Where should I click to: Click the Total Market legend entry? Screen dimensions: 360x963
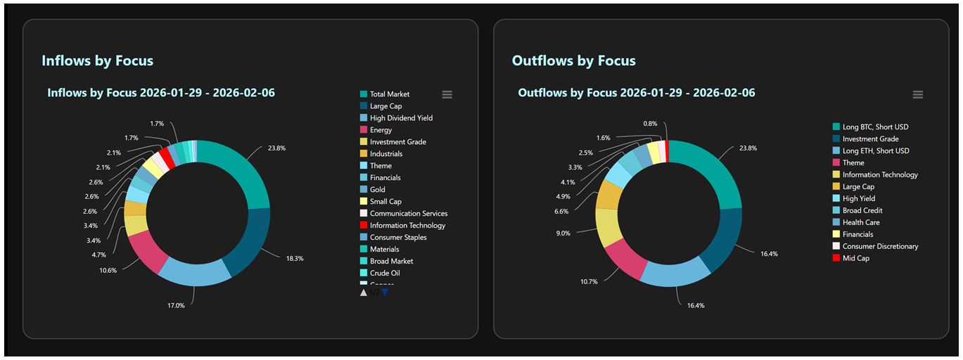point(389,94)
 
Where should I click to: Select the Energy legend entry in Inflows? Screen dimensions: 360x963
point(381,130)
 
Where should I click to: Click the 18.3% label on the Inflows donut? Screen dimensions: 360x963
point(294,259)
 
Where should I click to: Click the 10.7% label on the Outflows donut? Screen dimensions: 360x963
point(568,282)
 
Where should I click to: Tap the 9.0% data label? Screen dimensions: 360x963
point(563,233)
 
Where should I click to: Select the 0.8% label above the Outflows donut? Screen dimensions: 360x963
point(651,124)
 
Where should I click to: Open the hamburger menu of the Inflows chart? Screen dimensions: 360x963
point(447,95)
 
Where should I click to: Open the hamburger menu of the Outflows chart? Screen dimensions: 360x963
point(917,95)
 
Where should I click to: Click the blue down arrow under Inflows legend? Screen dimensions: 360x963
point(385,292)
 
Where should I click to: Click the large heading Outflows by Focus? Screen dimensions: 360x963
point(573,60)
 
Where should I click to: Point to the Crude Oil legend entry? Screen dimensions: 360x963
point(385,274)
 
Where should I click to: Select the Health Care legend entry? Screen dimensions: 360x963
point(860,222)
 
